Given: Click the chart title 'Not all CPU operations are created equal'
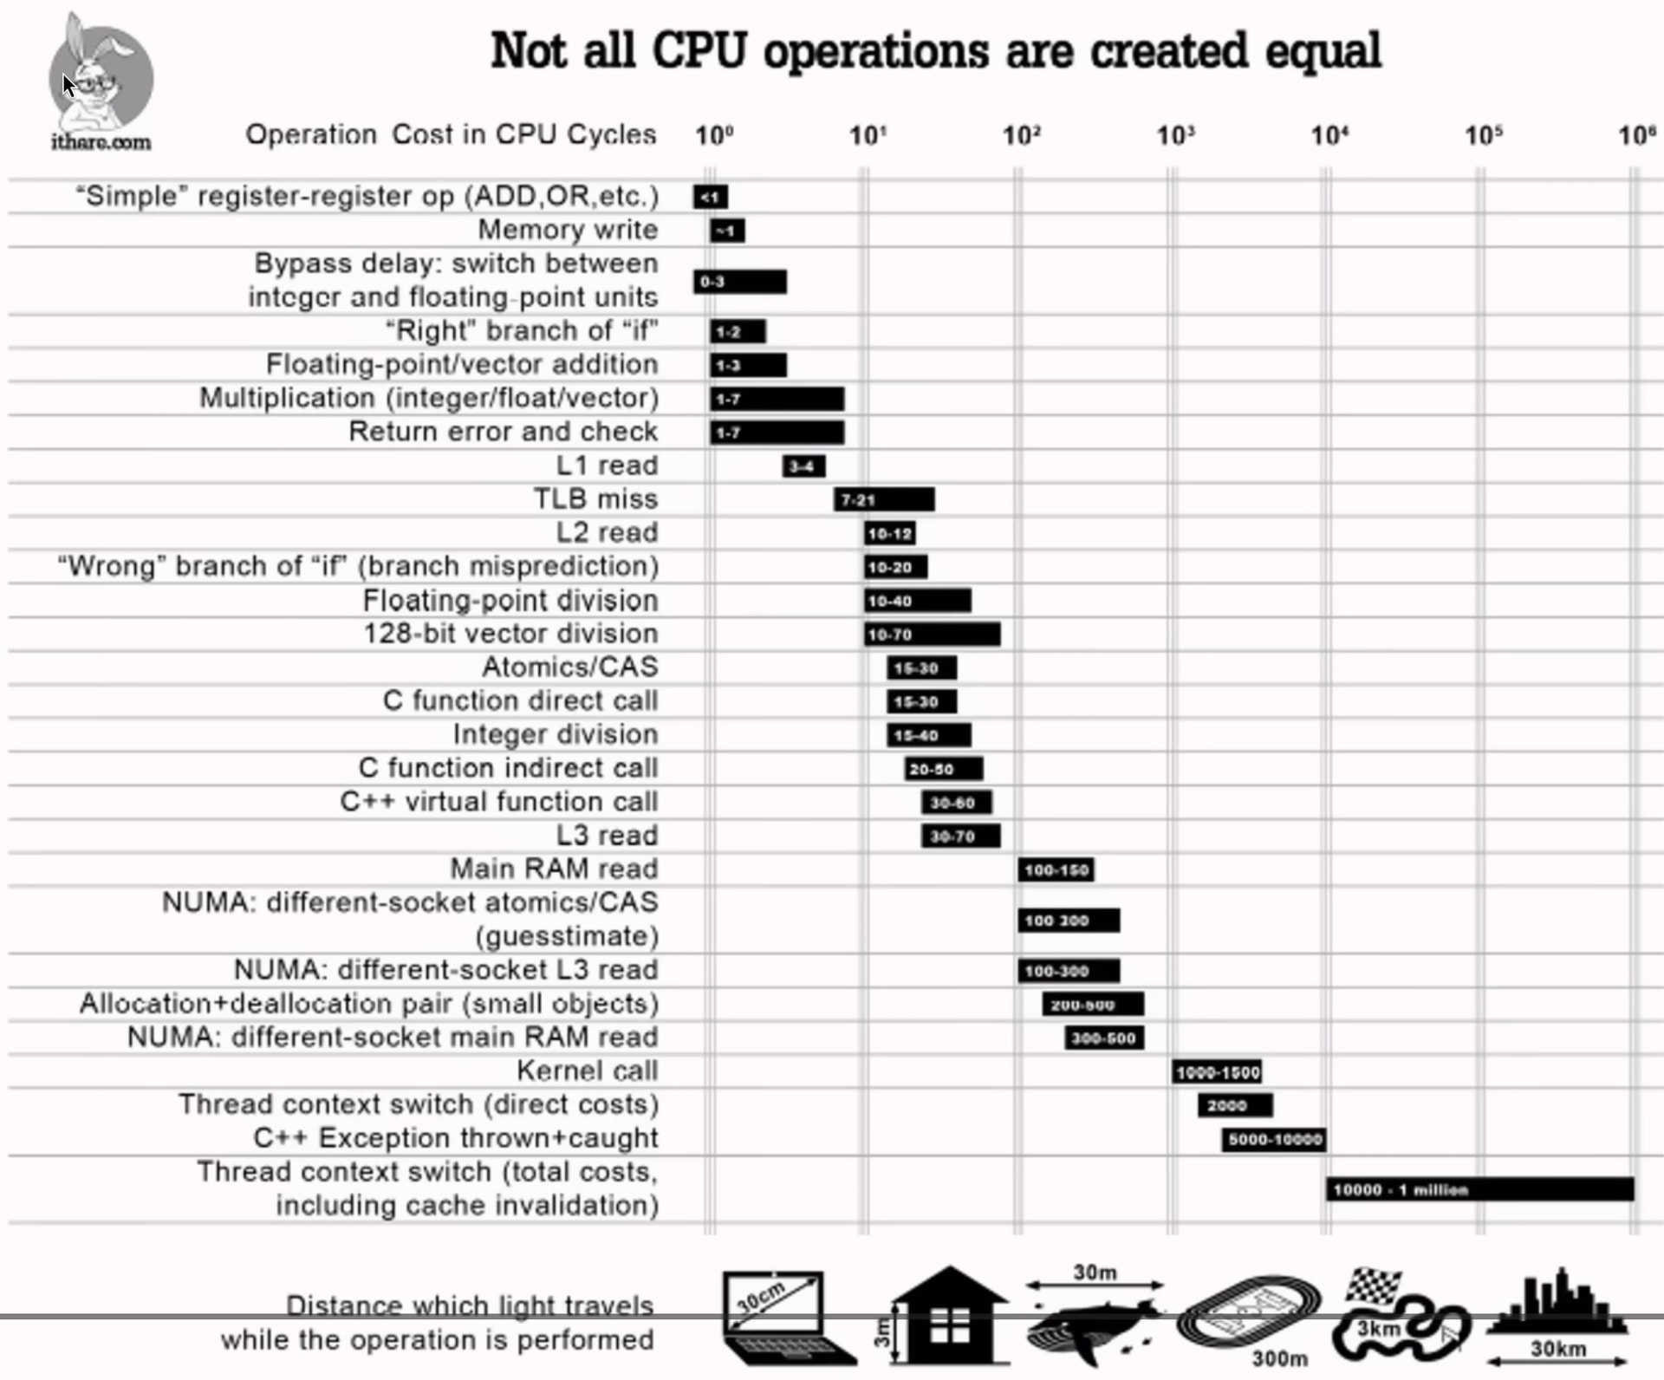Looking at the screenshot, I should (935, 50).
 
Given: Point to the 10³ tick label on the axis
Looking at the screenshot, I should (1175, 135).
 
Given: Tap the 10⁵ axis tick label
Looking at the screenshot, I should (1483, 135).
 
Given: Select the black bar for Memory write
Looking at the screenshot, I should (727, 231).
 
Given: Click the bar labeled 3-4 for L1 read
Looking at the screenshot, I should (803, 466).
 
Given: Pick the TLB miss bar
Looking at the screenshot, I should (884, 499).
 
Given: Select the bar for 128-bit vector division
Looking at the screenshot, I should (933, 635).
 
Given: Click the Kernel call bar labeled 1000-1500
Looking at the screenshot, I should (1217, 1072).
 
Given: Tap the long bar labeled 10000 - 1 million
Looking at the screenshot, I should (1479, 1189).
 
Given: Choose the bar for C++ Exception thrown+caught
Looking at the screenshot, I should (1273, 1139).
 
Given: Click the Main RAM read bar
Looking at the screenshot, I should (1056, 869).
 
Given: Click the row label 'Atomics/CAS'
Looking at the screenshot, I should (569, 667).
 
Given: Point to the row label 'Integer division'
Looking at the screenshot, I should (555, 735).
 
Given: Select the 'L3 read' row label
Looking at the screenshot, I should (607, 836).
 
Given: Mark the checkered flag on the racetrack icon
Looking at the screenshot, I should (1373, 1286).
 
